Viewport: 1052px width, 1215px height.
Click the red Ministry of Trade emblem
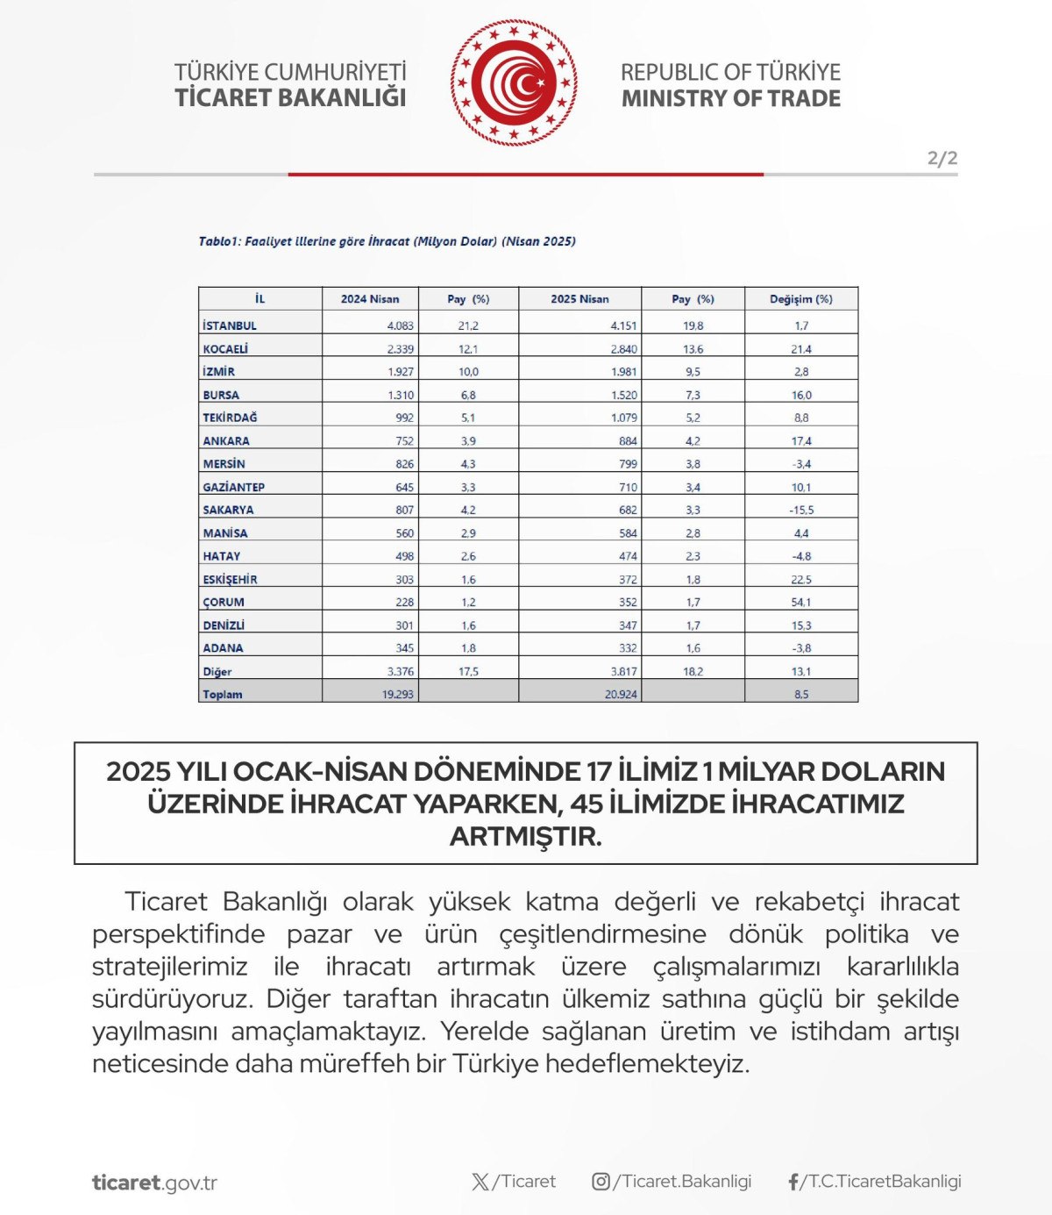coord(514,83)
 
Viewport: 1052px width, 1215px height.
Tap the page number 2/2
coord(942,159)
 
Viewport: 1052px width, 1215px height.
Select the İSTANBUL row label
coord(230,325)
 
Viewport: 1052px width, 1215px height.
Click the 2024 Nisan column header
coord(370,299)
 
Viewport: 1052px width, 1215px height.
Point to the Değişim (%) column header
coord(801,299)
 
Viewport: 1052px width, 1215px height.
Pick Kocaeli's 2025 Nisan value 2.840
coord(624,349)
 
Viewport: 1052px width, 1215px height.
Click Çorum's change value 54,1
coord(801,603)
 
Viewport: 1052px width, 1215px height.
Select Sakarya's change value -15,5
coord(801,510)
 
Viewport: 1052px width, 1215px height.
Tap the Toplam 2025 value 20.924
coord(622,695)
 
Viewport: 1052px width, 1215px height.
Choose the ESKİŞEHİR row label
coord(231,580)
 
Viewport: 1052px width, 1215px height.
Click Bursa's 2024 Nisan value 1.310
coord(401,396)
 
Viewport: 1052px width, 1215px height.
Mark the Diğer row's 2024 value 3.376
coord(401,672)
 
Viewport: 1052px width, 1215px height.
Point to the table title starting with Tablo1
coord(387,241)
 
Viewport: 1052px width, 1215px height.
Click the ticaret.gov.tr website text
coord(154,1183)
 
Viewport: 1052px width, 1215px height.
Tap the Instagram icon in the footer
coord(601,1182)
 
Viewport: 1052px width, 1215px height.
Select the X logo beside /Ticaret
coord(480,1182)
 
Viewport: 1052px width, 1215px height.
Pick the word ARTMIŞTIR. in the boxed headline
coord(526,837)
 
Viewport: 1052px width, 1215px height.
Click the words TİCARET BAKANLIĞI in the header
coord(290,98)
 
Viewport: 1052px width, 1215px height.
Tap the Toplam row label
coord(223,695)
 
